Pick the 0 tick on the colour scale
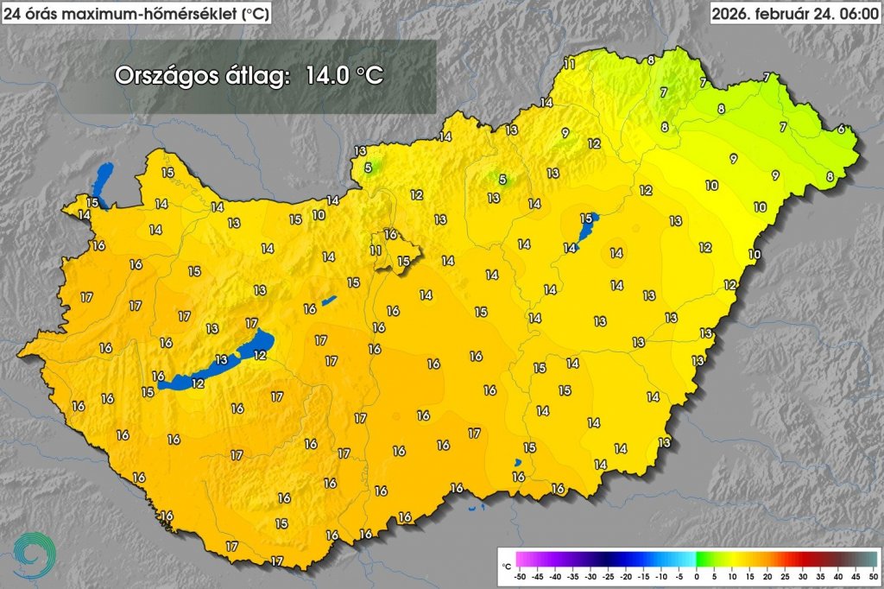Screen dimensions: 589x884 [x=696, y=575]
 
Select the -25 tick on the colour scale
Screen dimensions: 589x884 [x=608, y=575]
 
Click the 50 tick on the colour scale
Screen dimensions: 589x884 [x=873, y=575]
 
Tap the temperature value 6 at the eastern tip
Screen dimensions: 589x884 [x=842, y=129]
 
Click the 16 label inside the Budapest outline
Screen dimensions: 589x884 [x=389, y=234]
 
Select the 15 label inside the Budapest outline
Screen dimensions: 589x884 [x=403, y=261]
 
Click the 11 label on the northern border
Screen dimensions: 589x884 [x=568, y=63]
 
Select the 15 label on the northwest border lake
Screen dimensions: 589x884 [x=92, y=202]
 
